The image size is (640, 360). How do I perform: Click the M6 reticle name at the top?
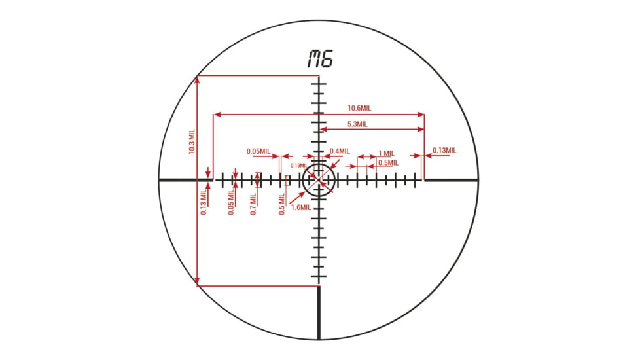tap(320, 59)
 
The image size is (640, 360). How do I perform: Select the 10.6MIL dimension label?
tap(361, 108)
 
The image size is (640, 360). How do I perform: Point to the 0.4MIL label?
tap(340, 151)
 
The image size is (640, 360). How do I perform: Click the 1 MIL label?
tap(387, 153)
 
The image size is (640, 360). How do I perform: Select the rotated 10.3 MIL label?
tap(192, 140)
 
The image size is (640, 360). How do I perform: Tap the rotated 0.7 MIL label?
tap(253, 203)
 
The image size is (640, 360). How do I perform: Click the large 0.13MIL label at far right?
tap(444, 151)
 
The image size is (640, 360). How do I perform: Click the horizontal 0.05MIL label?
tap(258, 151)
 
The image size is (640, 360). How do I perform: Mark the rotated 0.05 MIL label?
tap(231, 204)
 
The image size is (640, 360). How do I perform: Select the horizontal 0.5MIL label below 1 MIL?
tap(388, 163)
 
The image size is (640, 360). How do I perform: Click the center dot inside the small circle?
tap(319, 179)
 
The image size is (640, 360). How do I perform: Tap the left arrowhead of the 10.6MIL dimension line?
tap(217, 115)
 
